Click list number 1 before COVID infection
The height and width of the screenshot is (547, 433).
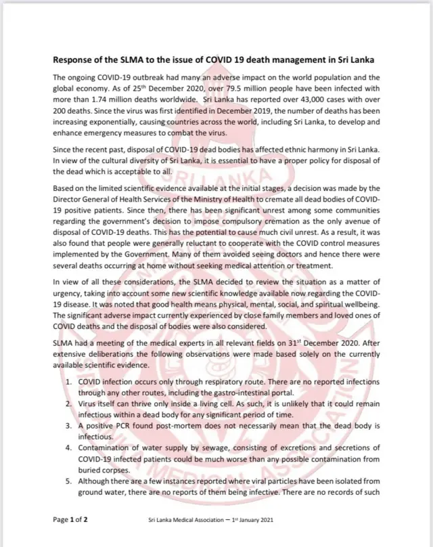tap(70, 381)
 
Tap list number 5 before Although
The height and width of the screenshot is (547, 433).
tap(70, 480)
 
